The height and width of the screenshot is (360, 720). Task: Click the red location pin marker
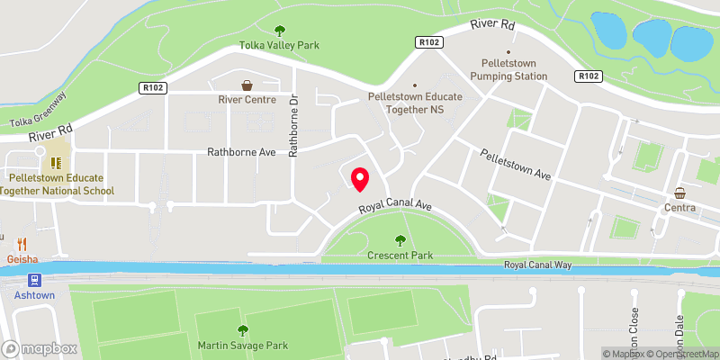tap(359, 179)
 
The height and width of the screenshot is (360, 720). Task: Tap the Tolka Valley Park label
tap(279, 45)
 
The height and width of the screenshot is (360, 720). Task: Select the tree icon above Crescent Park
tap(400, 239)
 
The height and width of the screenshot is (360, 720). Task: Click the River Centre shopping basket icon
tap(246, 85)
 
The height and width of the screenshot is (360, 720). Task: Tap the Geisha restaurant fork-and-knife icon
tap(22, 243)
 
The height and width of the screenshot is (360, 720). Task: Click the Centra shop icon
tap(681, 193)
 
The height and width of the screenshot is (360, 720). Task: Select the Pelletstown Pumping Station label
tap(501, 70)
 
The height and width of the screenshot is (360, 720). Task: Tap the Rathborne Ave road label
tap(241, 153)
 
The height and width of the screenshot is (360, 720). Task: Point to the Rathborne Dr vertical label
tap(292, 127)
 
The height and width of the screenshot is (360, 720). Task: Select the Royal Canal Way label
tap(537, 265)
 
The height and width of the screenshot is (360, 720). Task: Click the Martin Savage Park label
tap(242, 346)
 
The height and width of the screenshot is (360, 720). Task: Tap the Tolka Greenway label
tap(38, 109)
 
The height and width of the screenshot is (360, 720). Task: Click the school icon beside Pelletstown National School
tap(56, 163)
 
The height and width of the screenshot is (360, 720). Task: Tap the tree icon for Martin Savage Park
tap(242, 330)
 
